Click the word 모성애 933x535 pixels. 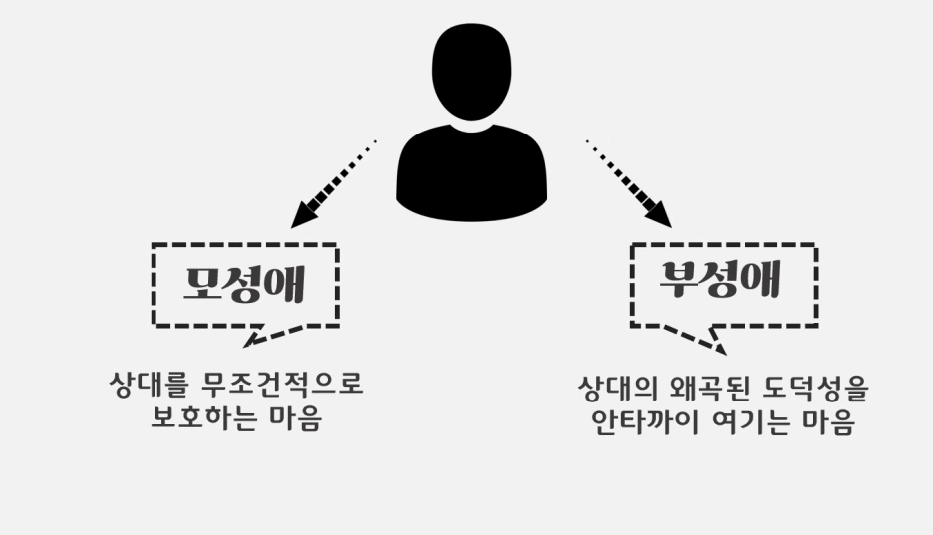tap(244, 286)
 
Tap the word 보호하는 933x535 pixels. tap(199, 419)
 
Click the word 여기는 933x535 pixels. tap(741, 422)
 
